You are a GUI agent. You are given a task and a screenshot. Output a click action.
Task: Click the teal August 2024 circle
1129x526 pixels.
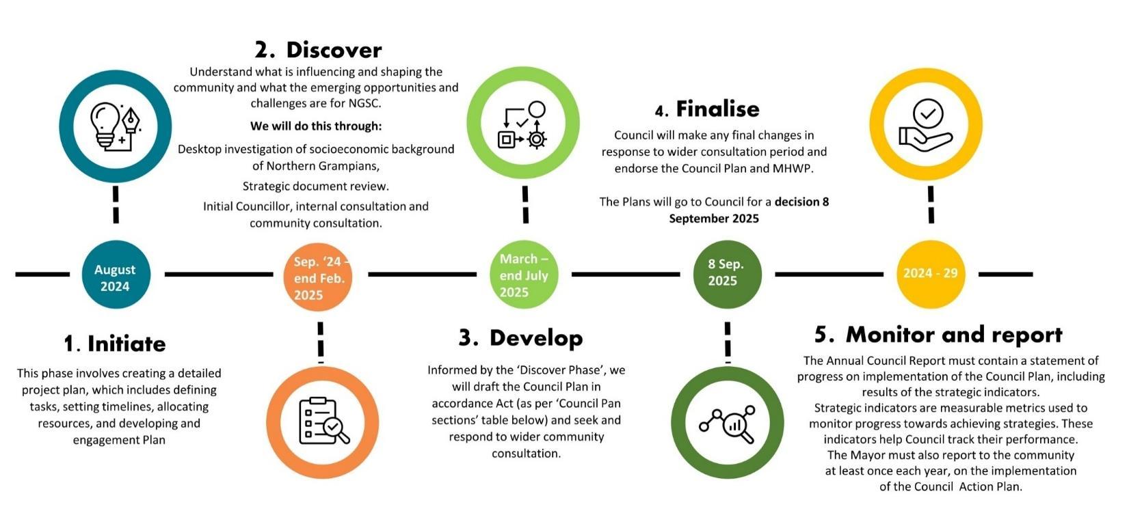(115, 275)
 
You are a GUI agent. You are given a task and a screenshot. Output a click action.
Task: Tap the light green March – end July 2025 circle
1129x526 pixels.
(524, 275)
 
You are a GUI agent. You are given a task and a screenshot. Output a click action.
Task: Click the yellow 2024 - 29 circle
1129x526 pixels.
(930, 273)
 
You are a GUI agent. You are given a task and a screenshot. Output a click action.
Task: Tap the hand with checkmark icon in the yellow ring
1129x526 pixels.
(926, 124)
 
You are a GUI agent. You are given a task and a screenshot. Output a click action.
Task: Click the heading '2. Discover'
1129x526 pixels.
(318, 50)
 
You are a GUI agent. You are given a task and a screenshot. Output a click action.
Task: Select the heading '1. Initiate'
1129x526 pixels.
(115, 343)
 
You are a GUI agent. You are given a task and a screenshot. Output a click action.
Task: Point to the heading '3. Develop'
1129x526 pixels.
(521, 337)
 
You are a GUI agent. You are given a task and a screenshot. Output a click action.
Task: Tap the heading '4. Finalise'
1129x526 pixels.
(707, 109)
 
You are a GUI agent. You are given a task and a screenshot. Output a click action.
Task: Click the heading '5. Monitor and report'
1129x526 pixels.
(938, 335)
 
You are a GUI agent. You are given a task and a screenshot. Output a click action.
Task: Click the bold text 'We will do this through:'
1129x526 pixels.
(316, 126)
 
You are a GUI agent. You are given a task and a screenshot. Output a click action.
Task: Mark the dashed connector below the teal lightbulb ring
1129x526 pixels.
(116, 204)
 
